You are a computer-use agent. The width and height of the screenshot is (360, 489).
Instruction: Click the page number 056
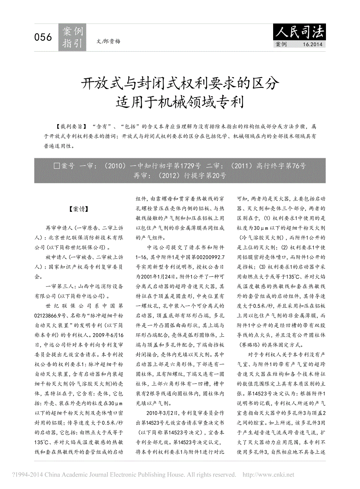click(x=43, y=37)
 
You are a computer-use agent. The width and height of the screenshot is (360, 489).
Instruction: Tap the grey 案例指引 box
click(x=72, y=38)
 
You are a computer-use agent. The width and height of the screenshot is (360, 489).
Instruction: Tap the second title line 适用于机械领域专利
click(x=180, y=102)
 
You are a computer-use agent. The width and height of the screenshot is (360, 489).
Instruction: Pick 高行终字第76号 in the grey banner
click(x=281, y=166)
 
